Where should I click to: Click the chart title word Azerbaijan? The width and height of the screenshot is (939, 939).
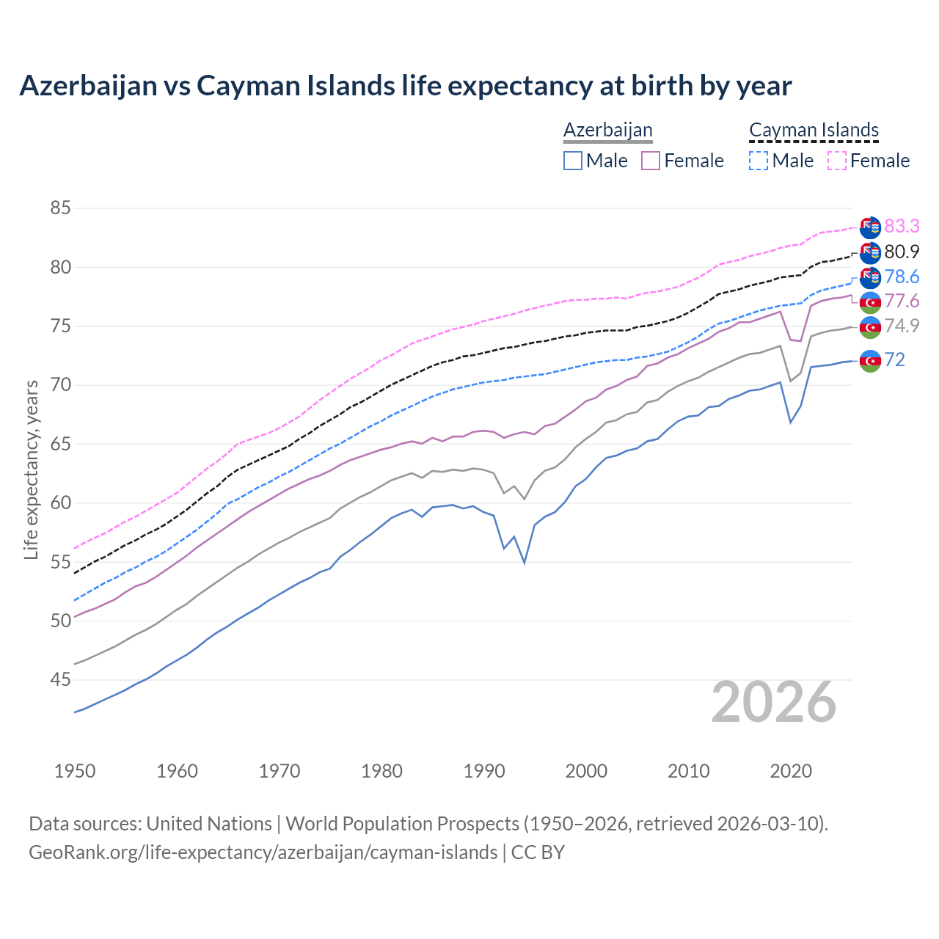click(x=88, y=86)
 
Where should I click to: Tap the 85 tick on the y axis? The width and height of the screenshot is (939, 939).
click(x=60, y=208)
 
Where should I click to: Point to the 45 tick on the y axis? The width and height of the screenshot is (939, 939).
click(x=60, y=680)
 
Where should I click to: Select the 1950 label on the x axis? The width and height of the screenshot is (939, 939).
click(x=75, y=771)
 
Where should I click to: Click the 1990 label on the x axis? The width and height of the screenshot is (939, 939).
click(x=484, y=771)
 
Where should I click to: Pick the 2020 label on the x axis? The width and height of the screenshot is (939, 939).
click(x=791, y=771)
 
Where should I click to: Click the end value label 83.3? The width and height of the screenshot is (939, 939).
click(x=902, y=226)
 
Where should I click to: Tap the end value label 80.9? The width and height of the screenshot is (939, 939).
click(x=902, y=252)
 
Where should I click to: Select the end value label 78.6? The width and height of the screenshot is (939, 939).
click(x=902, y=277)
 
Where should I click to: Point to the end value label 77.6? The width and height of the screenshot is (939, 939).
click(x=902, y=301)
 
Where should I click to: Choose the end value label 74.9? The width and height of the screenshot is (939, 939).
click(x=902, y=326)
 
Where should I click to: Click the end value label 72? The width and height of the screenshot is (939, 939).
click(x=894, y=359)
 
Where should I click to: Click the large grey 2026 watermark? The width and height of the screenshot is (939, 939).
click(x=774, y=702)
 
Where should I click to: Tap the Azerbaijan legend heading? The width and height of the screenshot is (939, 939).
click(x=607, y=130)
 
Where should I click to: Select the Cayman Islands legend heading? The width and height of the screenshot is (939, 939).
click(x=814, y=130)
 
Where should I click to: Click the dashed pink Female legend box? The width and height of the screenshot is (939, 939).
click(x=836, y=161)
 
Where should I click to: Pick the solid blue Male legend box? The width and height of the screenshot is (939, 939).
click(x=573, y=161)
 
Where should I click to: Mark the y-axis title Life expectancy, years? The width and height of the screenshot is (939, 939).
click(x=32, y=469)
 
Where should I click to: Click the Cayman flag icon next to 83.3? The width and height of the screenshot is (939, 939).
click(x=870, y=227)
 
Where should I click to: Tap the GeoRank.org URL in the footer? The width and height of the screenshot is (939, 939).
click(x=263, y=852)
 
